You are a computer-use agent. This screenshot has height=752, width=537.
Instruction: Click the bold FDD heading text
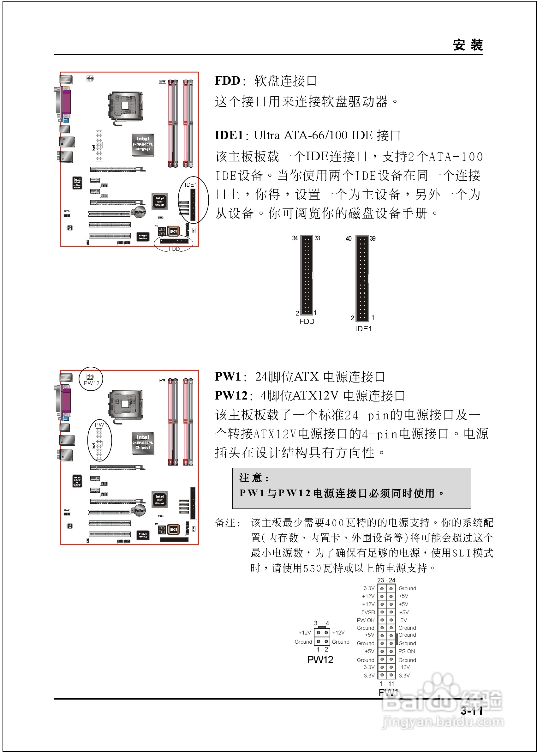click(x=227, y=81)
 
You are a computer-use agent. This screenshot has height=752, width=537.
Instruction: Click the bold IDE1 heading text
click(x=229, y=135)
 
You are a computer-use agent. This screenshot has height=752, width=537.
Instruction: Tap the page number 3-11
click(x=472, y=711)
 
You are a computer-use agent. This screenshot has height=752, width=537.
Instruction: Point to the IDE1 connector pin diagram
click(x=362, y=278)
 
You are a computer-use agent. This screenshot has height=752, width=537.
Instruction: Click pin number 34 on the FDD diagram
click(x=295, y=238)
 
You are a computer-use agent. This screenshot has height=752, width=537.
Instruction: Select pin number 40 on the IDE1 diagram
click(x=349, y=238)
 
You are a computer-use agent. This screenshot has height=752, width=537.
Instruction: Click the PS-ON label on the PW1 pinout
click(x=406, y=651)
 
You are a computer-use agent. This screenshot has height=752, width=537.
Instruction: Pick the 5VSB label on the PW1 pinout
click(x=368, y=612)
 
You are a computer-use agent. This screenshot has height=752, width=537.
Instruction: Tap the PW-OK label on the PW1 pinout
click(x=366, y=620)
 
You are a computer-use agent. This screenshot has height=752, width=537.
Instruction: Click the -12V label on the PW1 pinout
click(x=404, y=667)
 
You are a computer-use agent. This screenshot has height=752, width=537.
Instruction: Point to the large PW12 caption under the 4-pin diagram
click(x=320, y=660)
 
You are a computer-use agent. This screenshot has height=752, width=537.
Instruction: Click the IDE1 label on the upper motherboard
click(x=190, y=185)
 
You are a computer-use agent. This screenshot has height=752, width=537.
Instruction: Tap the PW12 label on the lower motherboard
click(x=92, y=383)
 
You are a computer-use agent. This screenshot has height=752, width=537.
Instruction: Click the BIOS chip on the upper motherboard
click(x=173, y=231)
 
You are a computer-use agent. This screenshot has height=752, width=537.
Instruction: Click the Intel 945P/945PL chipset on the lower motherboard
click(x=143, y=443)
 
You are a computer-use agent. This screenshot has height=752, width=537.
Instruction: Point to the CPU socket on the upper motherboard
click(x=125, y=106)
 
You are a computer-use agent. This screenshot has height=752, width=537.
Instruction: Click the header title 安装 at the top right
click(x=468, y=45)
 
